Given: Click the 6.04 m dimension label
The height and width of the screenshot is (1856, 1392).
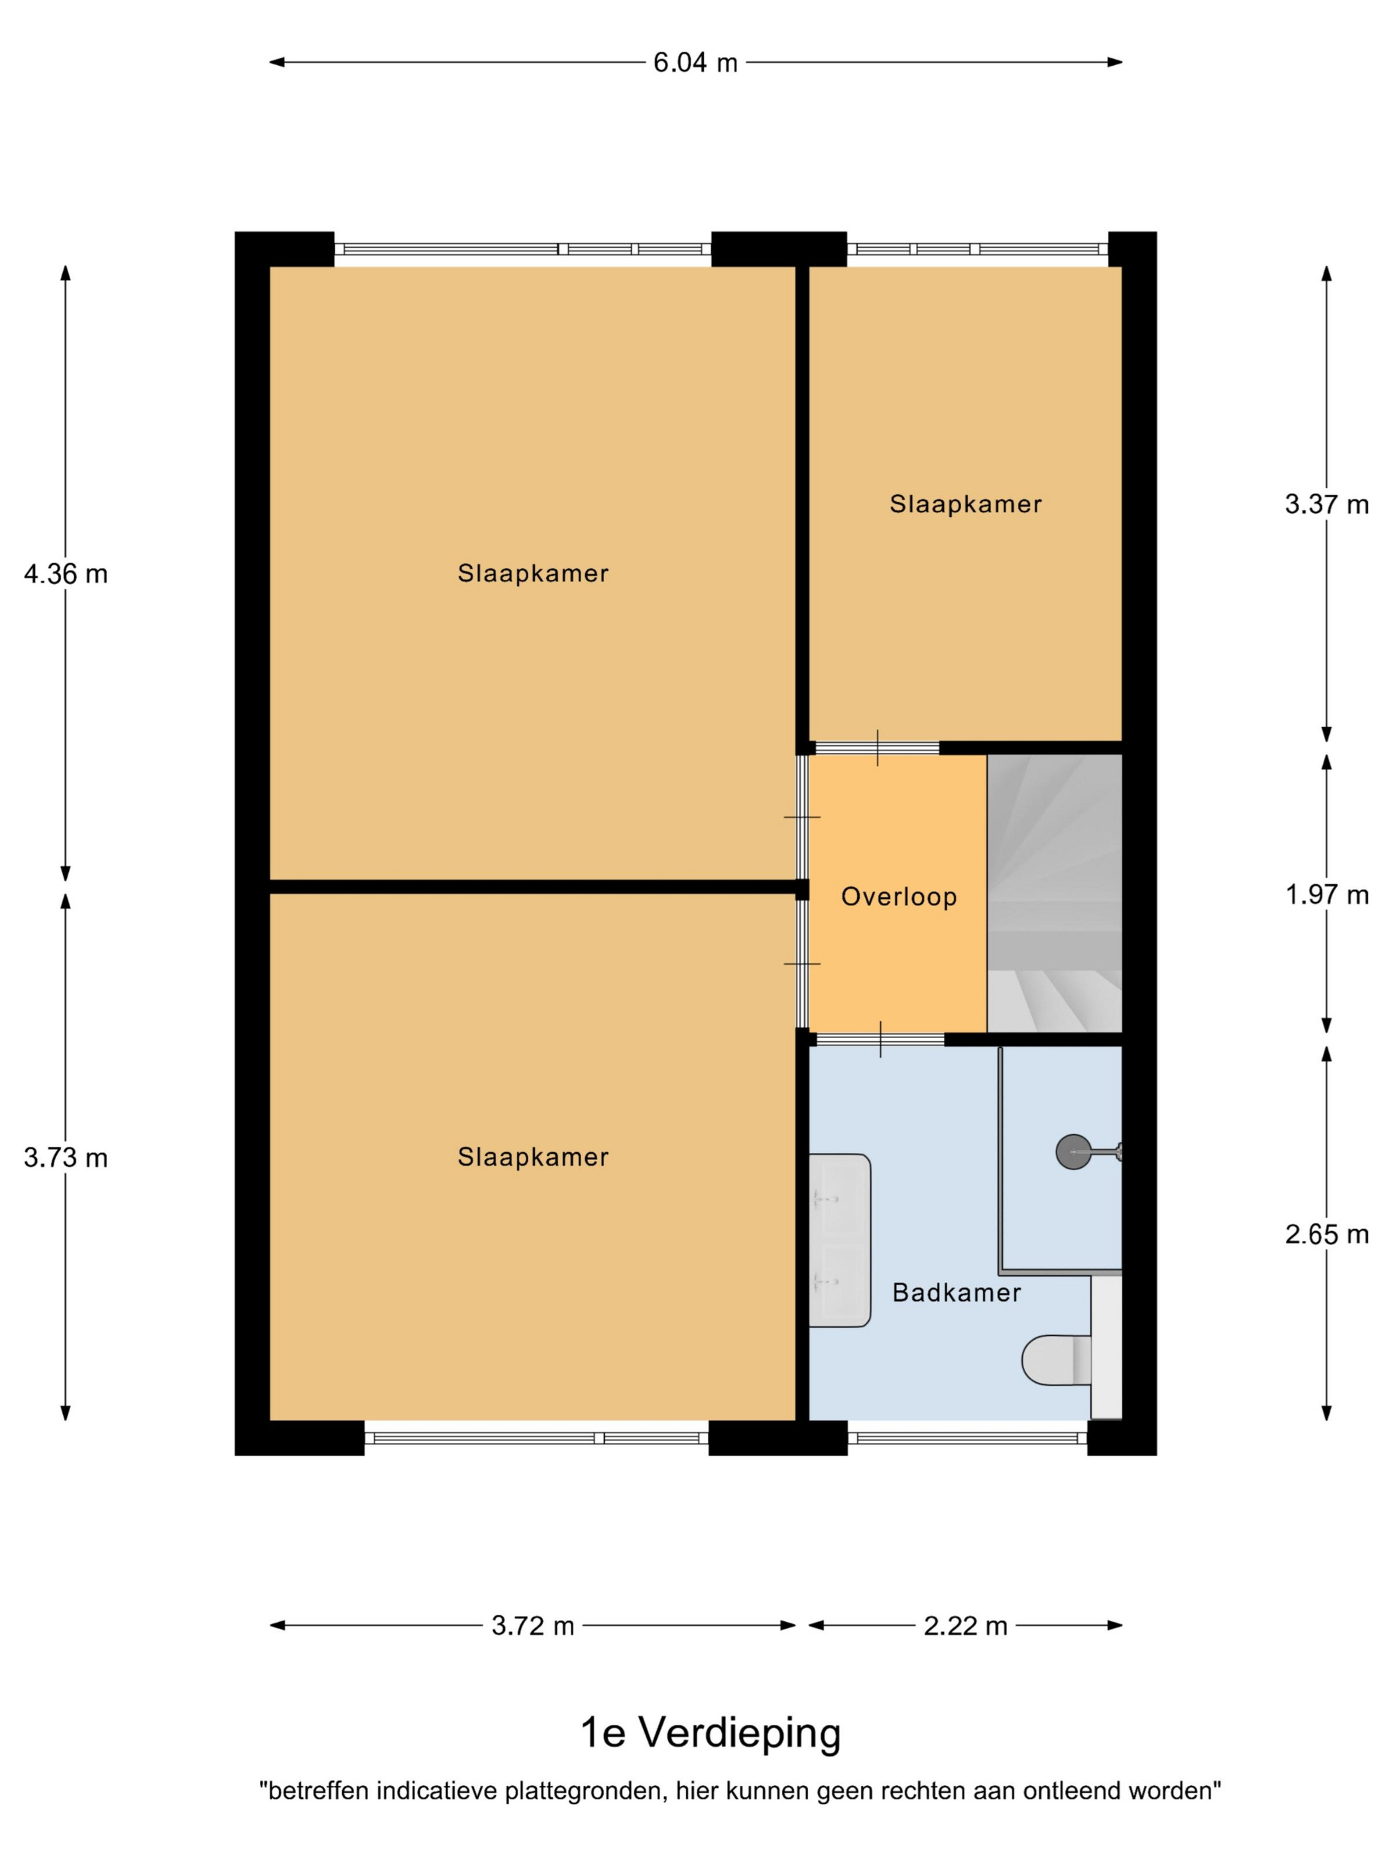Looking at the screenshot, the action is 695,62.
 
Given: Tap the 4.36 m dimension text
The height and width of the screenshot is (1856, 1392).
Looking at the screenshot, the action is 66,574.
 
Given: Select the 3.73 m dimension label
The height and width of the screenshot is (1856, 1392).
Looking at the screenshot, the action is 66,1158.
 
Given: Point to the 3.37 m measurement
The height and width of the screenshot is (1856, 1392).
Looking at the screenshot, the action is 1326,504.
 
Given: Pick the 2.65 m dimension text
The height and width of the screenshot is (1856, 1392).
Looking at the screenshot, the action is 1326,1234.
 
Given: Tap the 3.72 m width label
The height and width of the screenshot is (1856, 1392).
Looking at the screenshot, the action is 533,1626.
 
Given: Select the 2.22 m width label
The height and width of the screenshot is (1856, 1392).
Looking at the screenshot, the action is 965,1626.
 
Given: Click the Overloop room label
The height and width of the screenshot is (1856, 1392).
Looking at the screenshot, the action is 899,897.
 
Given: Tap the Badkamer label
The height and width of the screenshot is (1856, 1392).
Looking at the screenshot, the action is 957,1292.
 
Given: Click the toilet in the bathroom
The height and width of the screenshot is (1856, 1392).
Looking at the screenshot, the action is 1058,1360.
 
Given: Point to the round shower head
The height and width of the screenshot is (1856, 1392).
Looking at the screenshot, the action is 1073,1152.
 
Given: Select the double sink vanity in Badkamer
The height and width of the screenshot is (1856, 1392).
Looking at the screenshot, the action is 839,1241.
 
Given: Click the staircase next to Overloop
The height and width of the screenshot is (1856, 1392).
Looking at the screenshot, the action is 1054,893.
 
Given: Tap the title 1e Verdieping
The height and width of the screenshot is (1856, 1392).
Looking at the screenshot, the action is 710,1733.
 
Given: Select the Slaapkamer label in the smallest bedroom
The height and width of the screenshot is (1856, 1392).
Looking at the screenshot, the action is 966,504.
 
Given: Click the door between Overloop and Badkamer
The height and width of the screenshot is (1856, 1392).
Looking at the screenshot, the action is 880,1039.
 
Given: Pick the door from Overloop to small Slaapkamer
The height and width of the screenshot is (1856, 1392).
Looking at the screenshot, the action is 878,748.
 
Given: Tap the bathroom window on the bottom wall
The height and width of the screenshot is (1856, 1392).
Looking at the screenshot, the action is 967,1438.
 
